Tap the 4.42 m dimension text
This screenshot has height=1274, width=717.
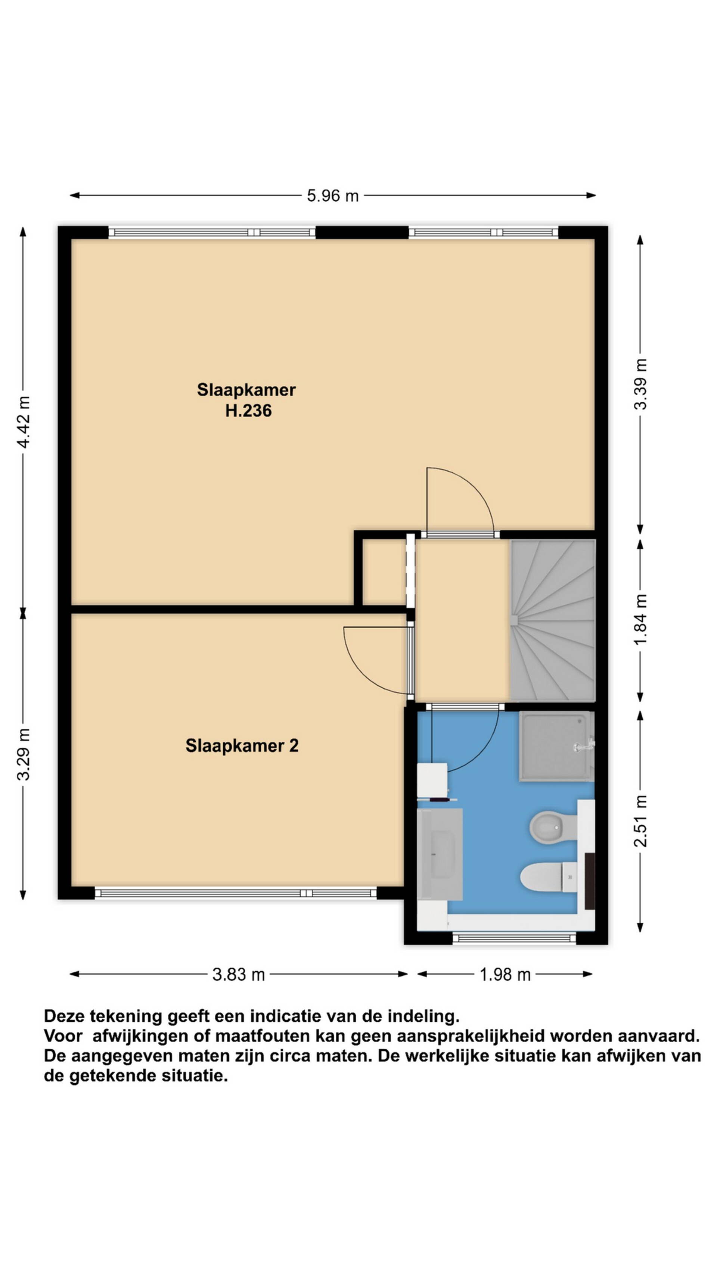point(23,421)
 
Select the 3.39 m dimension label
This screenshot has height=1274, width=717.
point(640,384)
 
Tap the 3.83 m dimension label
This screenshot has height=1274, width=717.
point(239,974)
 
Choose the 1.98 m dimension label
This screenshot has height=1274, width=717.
point(505,974)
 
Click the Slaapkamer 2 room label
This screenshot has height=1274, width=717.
point(242,745)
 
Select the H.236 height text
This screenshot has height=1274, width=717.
point(248,411)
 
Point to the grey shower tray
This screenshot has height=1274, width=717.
point(556,746)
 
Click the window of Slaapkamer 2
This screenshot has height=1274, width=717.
point(236,893)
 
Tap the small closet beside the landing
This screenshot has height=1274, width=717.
point(385,572)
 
